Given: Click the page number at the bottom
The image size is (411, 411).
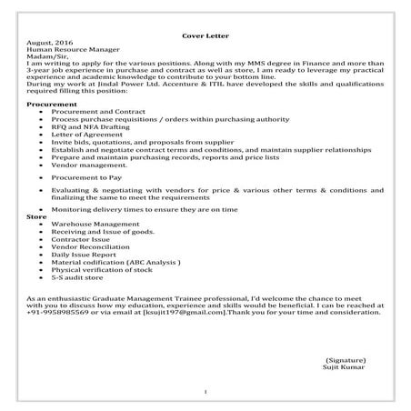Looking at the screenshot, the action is [205, 392].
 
